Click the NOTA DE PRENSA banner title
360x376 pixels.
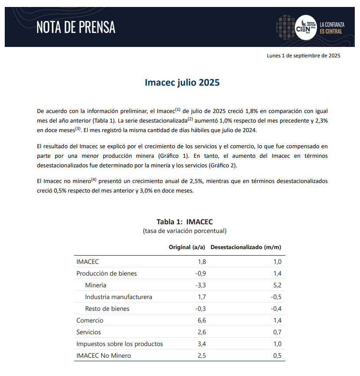(76, 27)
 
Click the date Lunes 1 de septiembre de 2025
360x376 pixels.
(303, 56)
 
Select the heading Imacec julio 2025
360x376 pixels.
(182, 83)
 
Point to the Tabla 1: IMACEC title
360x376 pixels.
(185, 222)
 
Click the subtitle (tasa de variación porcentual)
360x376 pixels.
(185, 231)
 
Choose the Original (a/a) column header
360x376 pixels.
(187, 247)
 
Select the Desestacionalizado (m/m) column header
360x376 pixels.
(246, 247)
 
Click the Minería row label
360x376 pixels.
(96, 285)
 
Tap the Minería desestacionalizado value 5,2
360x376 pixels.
(277, 285)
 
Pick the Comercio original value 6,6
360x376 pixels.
(201, 320)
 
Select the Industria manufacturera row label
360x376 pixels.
(119, 297)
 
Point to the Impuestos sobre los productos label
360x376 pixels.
(119, 344)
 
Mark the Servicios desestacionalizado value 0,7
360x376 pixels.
(277, 332)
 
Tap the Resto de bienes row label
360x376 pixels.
(107, 309)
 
